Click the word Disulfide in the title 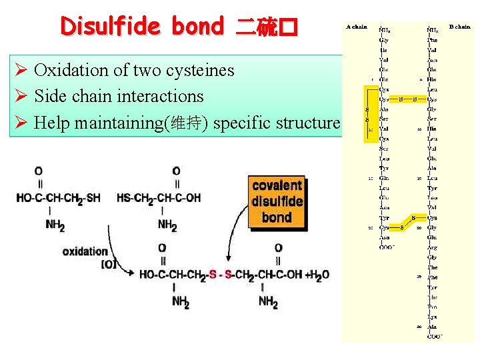coord(109,27)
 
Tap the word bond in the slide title coord(197,27)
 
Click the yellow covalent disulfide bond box coord(277,201)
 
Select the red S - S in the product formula coord(220,274)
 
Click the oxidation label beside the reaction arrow coord(85,251)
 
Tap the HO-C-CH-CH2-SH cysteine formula coord(59,198)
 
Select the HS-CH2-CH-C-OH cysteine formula coord(158,198)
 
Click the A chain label coord(356,27)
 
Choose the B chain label coord(459,27)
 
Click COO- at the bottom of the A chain coord(385,247)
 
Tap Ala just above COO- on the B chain coord(433,327)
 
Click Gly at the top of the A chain coord(384,40)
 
